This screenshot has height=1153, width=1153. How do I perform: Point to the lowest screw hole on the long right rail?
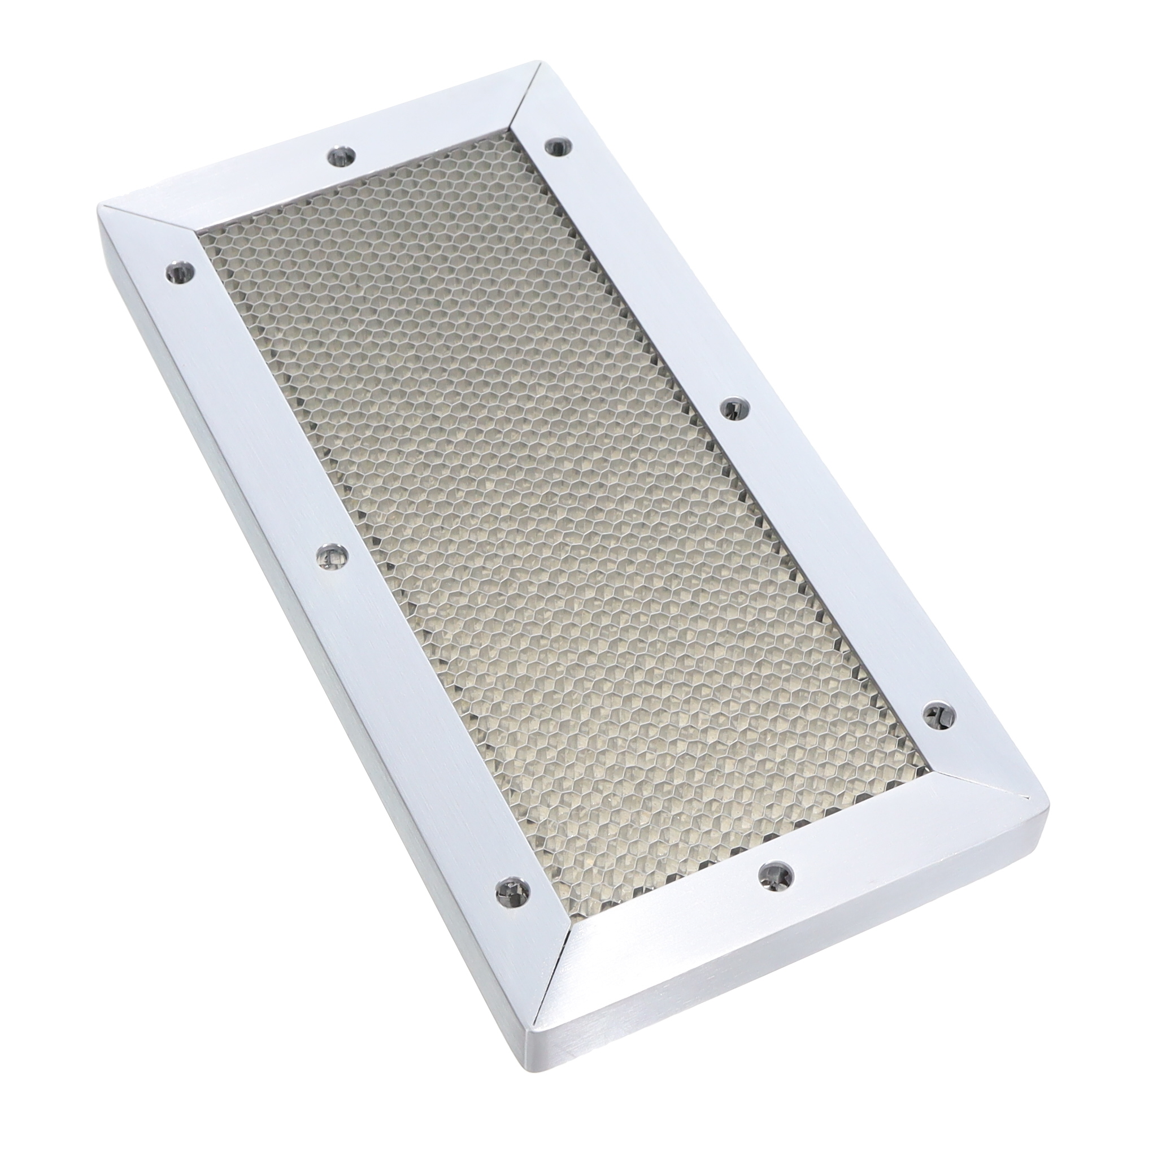tap(939, 713)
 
